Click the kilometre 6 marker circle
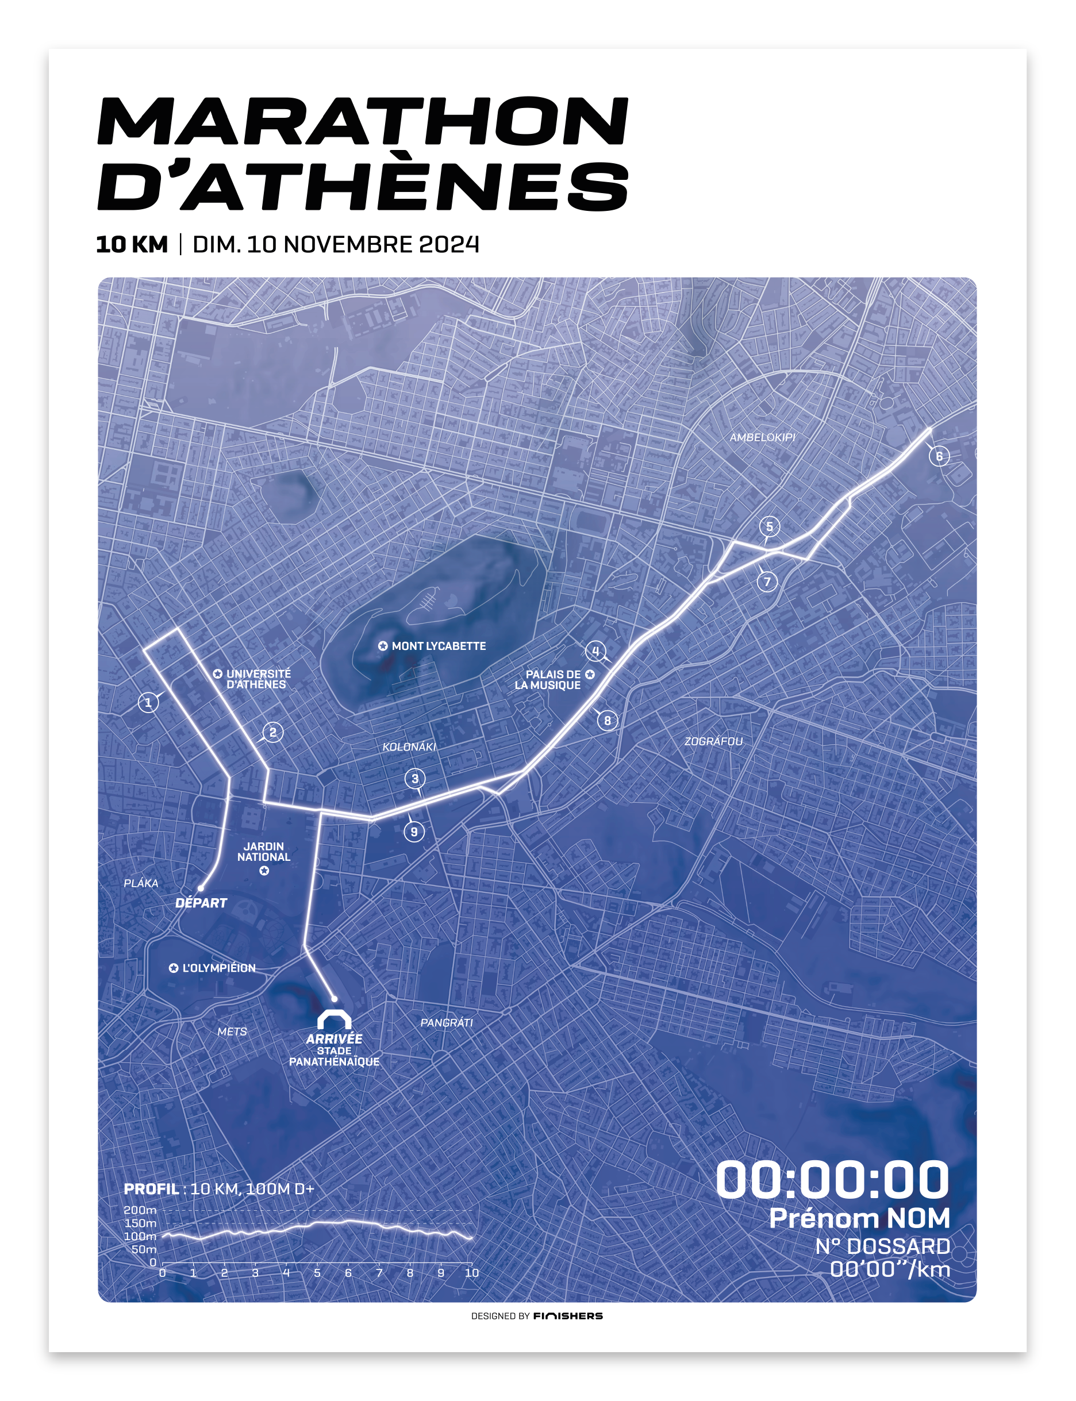(x=939, y=456)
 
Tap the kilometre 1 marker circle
(x=148, y=702)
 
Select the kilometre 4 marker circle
(x=595, y=651)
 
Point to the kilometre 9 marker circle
(x=414, y=832)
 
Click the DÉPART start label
(x=201, y=903)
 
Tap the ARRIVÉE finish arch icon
(x=335, y=1020)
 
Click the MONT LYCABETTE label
(x=439, y=646)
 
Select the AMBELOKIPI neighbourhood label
(x=762, y=437)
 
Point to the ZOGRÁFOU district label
(x=713, y=741)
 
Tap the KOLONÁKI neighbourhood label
(x=409, y=746)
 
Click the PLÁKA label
(x=141, y=883)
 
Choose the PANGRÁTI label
(x=447, y=1022)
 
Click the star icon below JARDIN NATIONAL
(x=264, y=871)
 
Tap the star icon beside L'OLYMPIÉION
(x=174, y=968)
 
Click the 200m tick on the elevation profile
(x=140, y=1210)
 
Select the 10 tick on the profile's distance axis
(x=471, y=1272)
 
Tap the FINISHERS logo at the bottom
(x=567, y=1316)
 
